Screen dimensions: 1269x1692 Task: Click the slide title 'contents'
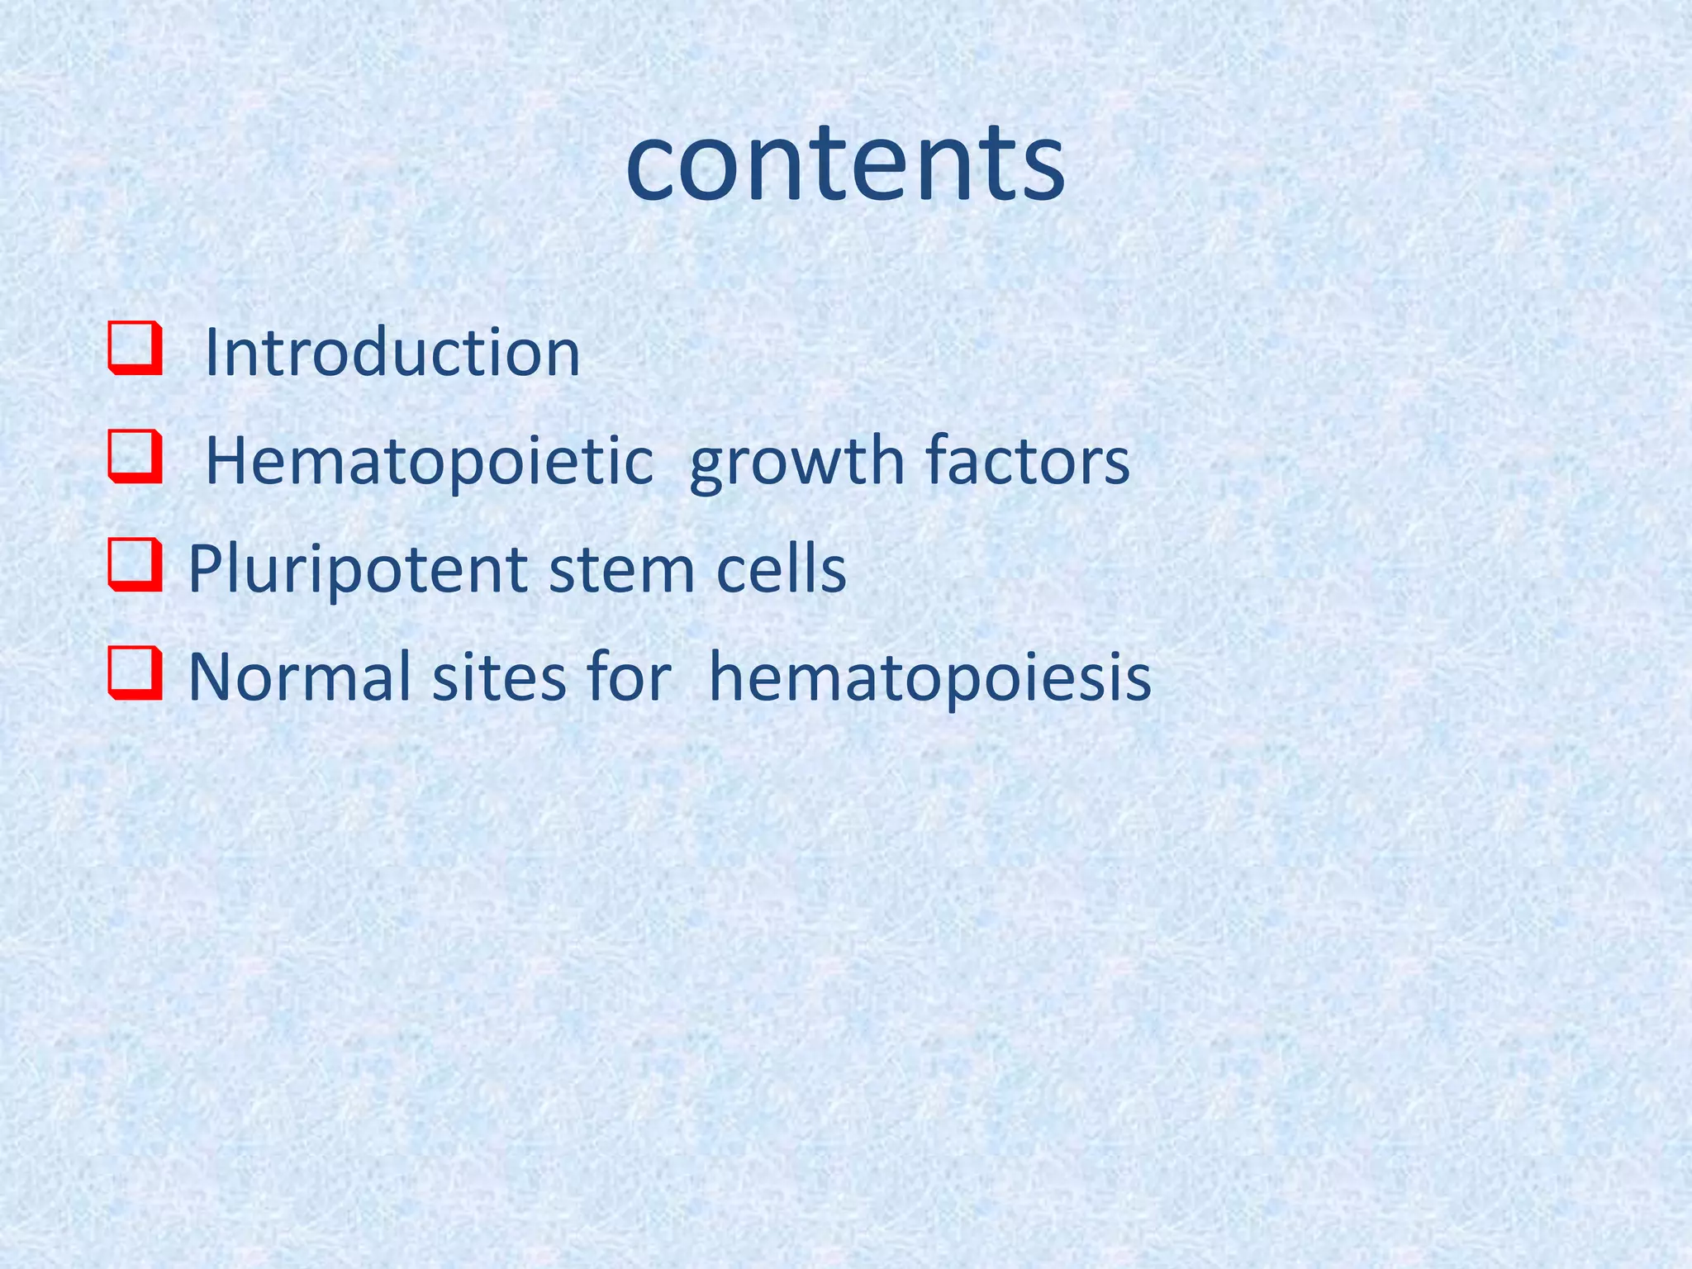[844, 162]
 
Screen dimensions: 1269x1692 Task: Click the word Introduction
[392, 352]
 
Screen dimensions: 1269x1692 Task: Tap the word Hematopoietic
[429, 461]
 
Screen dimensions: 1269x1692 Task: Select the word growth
[796, 461]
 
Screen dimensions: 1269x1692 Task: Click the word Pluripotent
[357, 569]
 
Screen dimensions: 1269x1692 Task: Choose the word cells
[781, 569]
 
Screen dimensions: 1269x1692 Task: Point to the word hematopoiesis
[929, 678]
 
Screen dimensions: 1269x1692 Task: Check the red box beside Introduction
[134, 349]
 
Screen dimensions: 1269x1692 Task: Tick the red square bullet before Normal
[134, 673]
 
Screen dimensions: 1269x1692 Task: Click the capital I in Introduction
[211, 352]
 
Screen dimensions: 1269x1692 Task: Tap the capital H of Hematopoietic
[224, 461]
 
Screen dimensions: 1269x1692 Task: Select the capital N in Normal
[209, 677]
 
